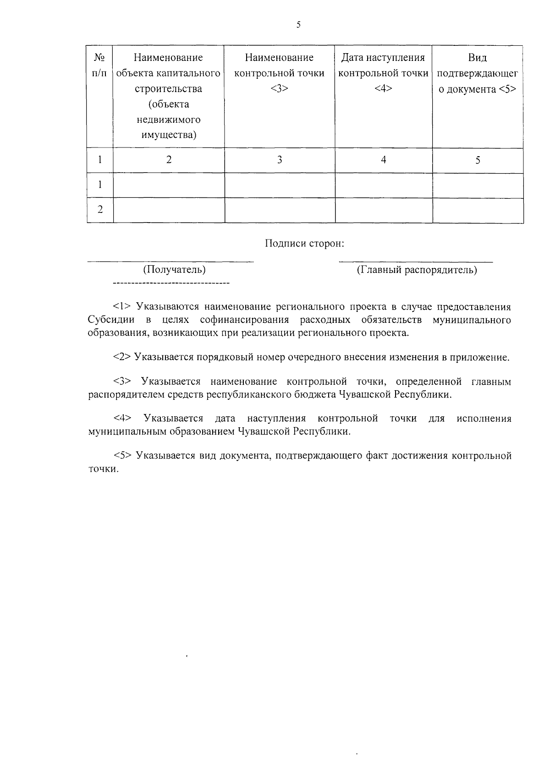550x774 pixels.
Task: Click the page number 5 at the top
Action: click(x=298, y=25)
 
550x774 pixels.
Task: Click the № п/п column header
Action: click(x=100, y=65)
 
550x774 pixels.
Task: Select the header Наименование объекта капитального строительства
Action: click(x=169, y=96)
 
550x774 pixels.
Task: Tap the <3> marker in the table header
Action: click(x=279, y=89)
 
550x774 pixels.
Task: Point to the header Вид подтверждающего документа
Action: click(x=478, y=73)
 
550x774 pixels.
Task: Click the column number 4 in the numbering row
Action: click(x=384, y=159)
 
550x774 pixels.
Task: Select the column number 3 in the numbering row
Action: click(x=280, y=160)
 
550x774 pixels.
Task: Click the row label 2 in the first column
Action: click(x=100, y=210)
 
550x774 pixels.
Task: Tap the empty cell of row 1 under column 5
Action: click(x=478, y=185)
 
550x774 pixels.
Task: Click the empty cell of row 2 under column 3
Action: click(x=280, y=210)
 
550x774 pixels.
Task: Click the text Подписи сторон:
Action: click(x=304, y=244)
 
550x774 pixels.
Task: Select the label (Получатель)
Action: click(x=174, y=270)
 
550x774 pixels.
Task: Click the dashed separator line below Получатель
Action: click(x=170, y=284)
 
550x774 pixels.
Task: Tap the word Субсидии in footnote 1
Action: click(x=110, y=320)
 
